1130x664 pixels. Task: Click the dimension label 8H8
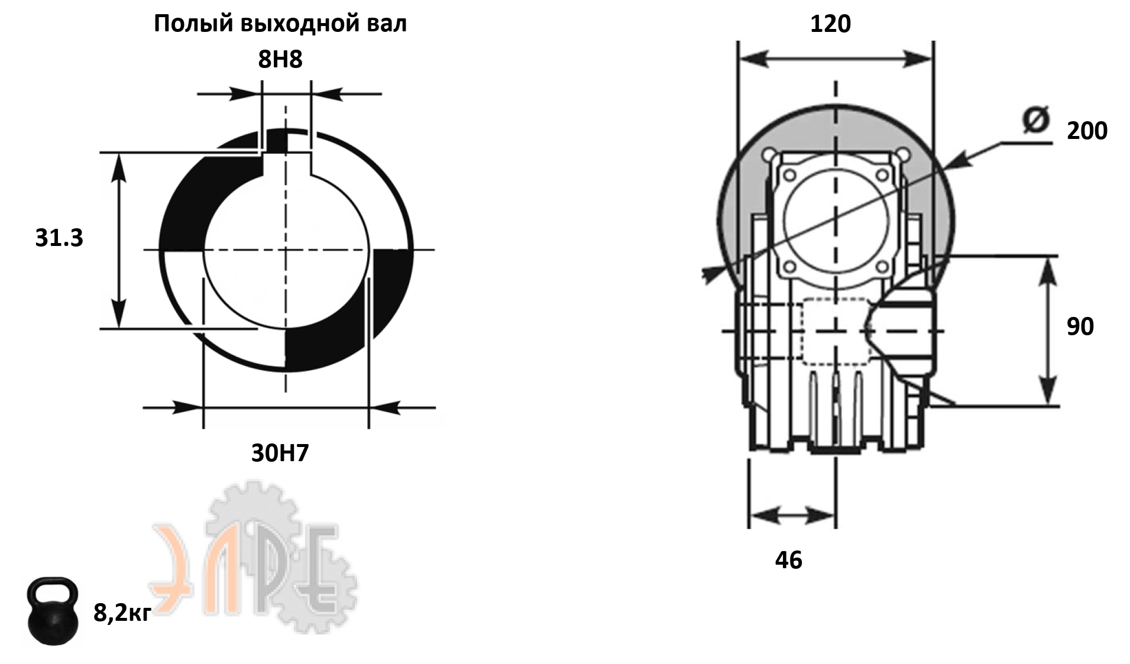pos(280,59)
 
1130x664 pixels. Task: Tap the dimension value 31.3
pos(59,238)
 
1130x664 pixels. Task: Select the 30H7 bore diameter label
pos(280,453)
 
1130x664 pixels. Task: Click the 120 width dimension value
pos(830,24)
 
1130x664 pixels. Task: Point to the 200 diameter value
pos(1087,131)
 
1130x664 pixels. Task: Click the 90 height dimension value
pos(1080,326)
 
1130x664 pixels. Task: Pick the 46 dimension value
pos(789,560)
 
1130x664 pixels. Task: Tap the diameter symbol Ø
pos(1035,120)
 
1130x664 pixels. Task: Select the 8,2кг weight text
pos(122,613)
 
